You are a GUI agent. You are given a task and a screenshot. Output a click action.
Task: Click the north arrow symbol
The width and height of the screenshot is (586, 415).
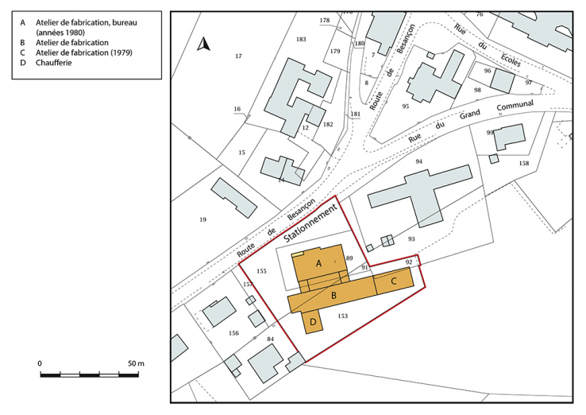[203, 45]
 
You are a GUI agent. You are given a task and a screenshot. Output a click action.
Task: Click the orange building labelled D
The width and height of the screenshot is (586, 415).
[314, 321]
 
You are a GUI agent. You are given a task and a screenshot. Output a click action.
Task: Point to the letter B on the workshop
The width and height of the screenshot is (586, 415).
[334, 296]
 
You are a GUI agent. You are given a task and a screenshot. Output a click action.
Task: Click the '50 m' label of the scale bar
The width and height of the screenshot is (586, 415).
[137, 363]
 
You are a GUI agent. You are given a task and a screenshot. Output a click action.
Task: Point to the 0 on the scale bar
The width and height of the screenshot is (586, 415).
[40, 363]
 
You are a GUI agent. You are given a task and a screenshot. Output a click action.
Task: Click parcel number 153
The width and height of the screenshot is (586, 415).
[342, 316]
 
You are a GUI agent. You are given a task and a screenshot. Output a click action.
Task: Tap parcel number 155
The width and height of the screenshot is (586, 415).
[261, 272]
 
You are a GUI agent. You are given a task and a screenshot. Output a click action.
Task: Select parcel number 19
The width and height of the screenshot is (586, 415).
[202, 219]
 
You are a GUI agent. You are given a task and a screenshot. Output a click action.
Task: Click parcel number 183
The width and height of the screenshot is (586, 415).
[300, 39]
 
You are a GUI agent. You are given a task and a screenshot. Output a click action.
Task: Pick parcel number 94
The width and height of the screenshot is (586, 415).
[418, 162]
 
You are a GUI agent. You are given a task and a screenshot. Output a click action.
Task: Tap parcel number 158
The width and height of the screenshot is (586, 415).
[523, 163]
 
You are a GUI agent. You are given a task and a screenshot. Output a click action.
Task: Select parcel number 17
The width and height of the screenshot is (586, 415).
[238, 56]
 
